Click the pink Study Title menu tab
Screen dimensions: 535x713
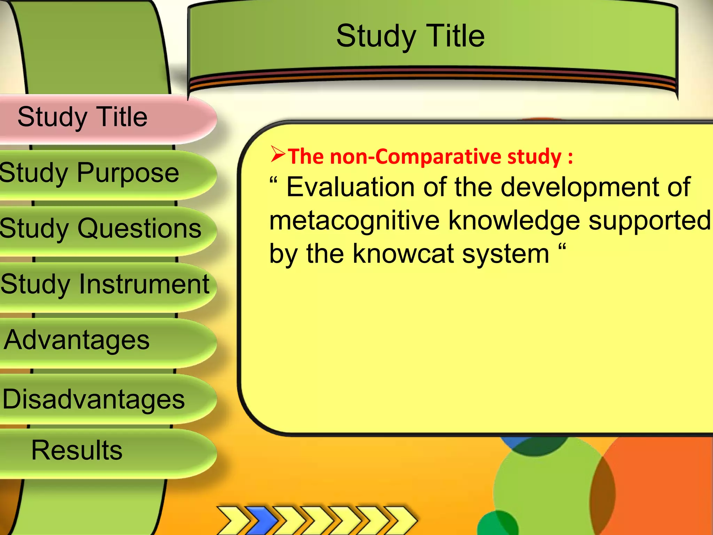(x=83, y=117)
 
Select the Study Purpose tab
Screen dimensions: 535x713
(x=89, y=173)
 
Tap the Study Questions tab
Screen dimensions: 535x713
(x=100, y=229)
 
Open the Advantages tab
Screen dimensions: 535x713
(x=77, y=340)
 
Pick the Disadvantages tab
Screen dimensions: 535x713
(x=93, y=399)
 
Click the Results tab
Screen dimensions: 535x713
(x=77, y=450)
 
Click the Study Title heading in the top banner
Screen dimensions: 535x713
(x=410, y=36)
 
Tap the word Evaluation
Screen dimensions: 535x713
(x=350, y=187)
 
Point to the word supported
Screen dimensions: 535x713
(x=649, y=221)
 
